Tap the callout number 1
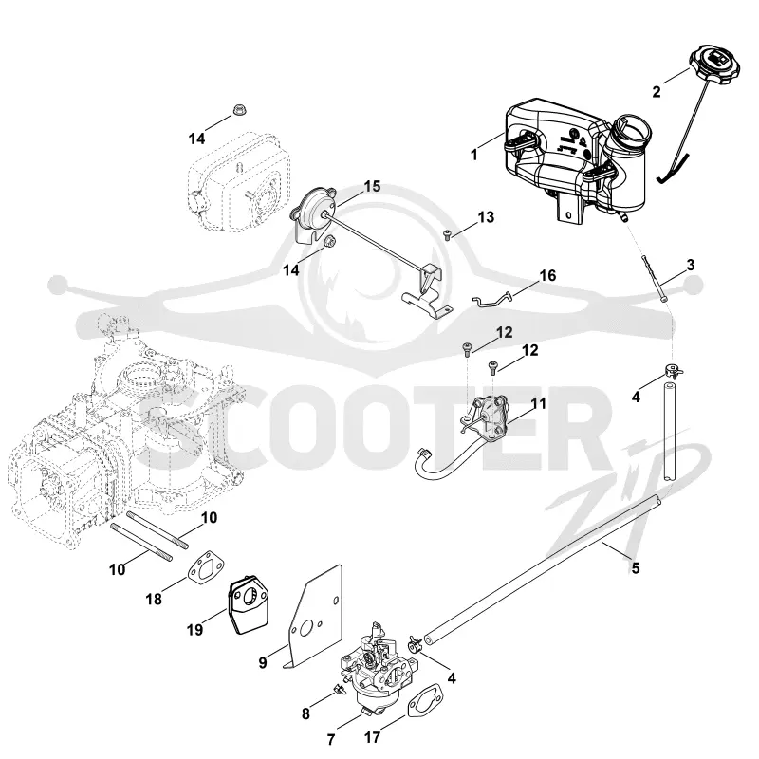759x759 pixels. pos(474,155)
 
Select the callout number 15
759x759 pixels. pos(372,186)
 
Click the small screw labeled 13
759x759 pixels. pos(447,235)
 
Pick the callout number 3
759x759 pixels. pos(691,265)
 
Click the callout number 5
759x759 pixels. pos(636,567)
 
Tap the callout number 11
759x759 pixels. pos(538,403)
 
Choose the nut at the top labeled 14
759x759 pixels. pos(238,110)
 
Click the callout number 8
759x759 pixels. pos(305,713)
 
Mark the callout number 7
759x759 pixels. pos(331,740)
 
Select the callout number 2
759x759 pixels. pos(657,91)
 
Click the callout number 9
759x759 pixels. pos(263,661)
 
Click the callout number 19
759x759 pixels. pos(194,630)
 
